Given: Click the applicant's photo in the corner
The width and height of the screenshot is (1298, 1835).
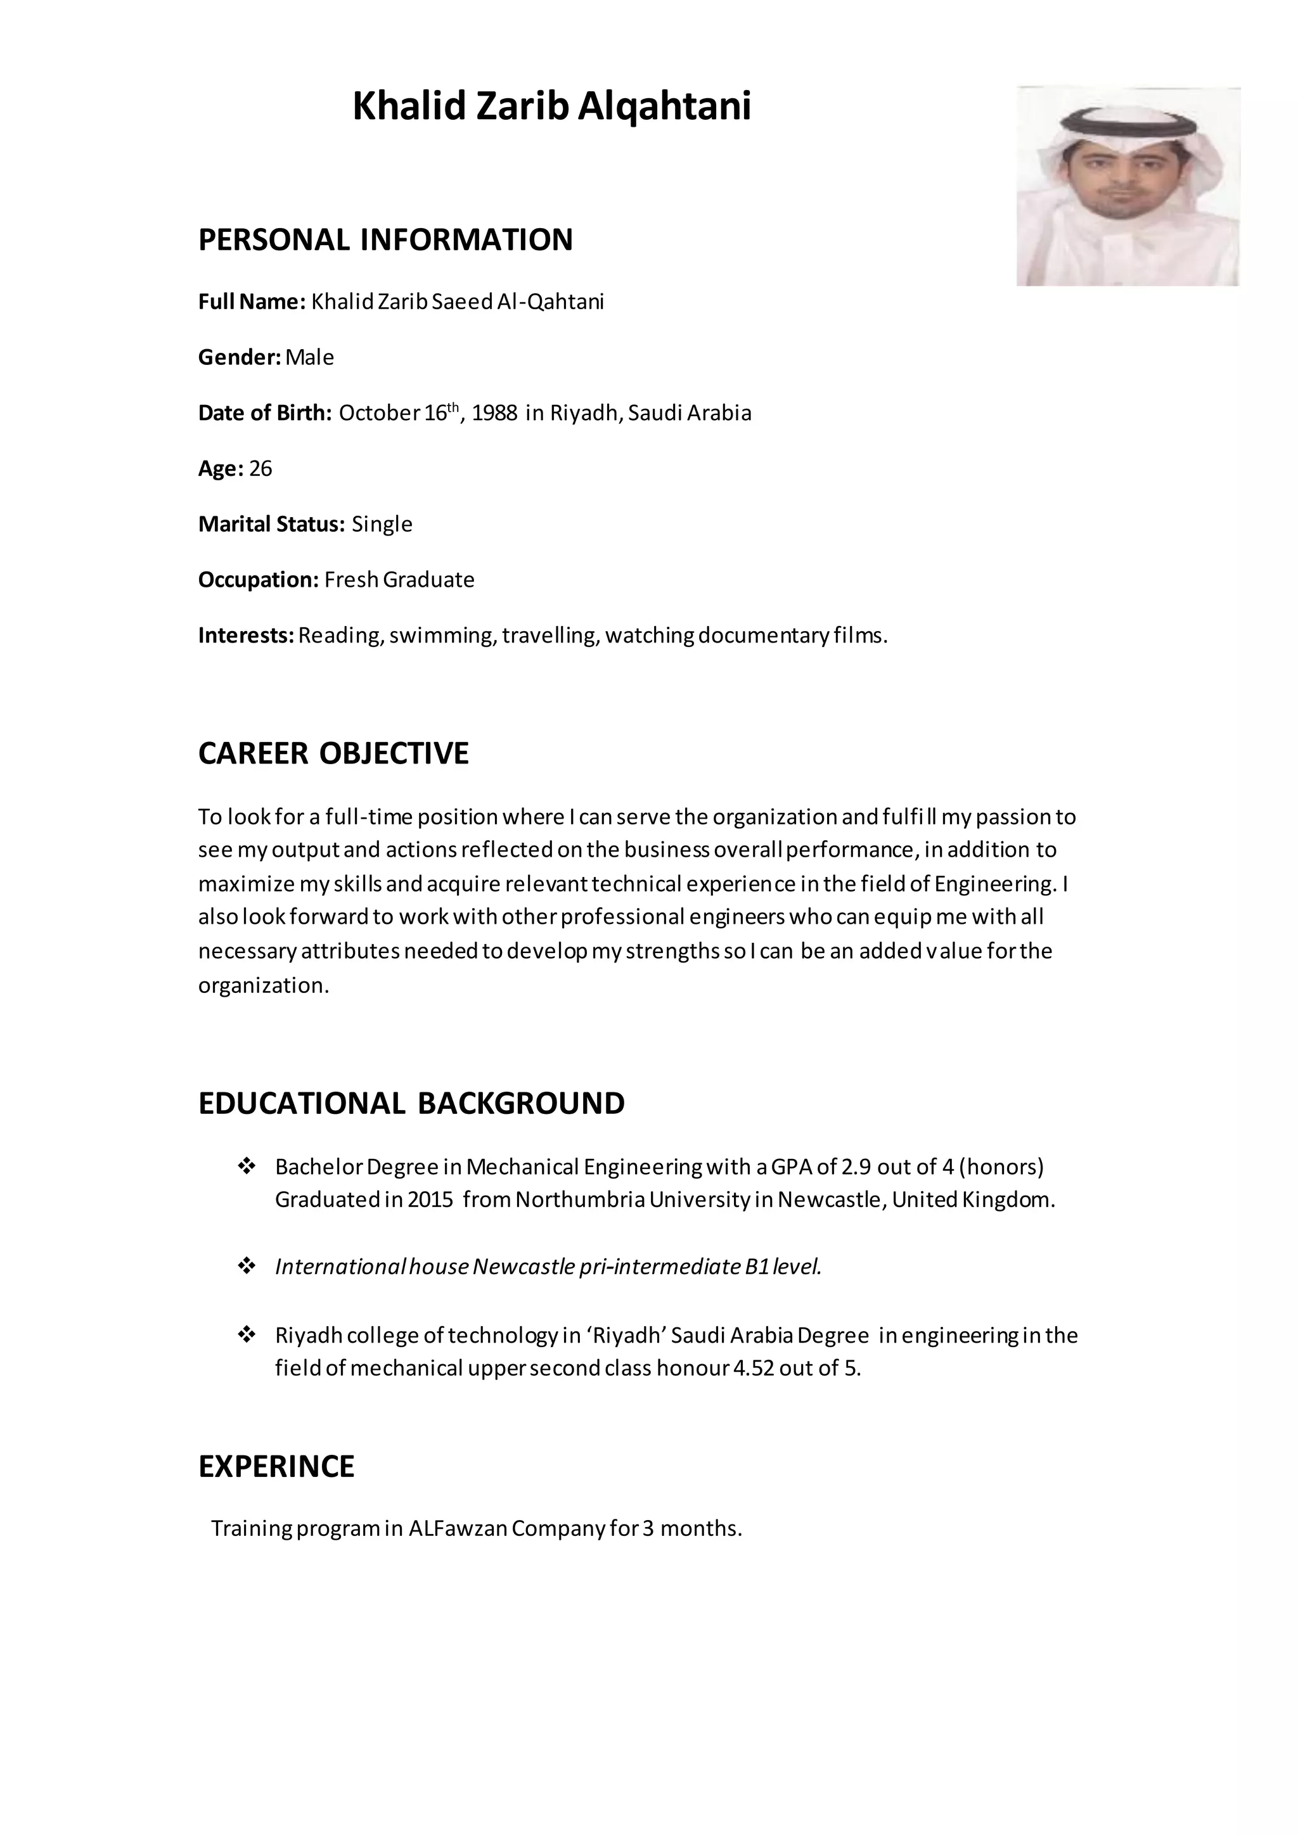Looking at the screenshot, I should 1127,186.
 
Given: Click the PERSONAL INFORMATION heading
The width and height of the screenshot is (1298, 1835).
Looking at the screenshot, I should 385,240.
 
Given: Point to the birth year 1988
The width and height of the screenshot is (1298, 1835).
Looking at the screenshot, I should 495,413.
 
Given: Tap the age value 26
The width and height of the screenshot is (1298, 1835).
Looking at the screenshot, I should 260,468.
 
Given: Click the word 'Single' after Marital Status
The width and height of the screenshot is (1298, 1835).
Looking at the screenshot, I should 382,524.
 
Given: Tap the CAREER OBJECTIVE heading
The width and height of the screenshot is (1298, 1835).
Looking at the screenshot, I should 333,753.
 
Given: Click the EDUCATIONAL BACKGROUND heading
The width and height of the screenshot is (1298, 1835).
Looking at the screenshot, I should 411,1103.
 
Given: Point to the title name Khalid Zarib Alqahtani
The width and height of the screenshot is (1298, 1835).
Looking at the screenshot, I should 551,106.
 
